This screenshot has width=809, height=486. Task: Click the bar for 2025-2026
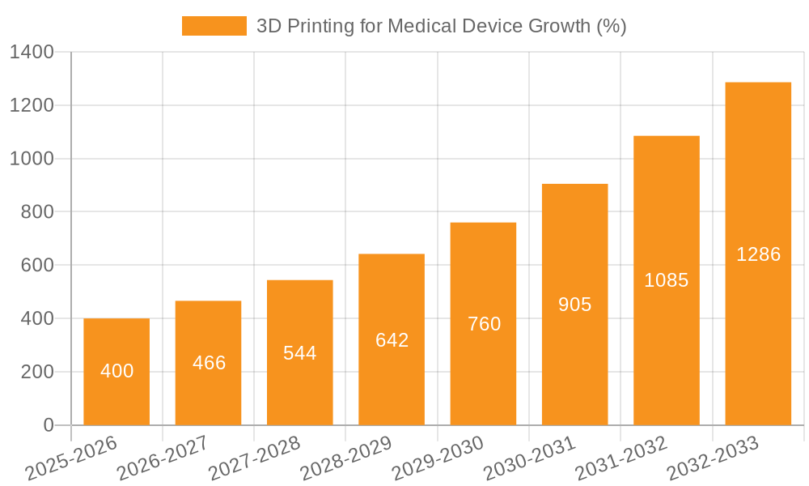pyautogui.click(x=116, y=372)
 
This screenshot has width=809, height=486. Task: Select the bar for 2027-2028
pyautogui.click(x=299, y=352)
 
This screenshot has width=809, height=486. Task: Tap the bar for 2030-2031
pyautogui.click(x=574, y=305)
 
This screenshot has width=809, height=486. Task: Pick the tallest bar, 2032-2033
pyautogui.click(x=758, y=254)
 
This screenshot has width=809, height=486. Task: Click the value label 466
pyautogui.click(x=209, y=362)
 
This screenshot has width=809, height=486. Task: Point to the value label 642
pyautogui.click(x=392, y=340)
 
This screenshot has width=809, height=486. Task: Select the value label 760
pyautogui.click(x=484, y=324)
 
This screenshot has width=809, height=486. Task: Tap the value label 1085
pyautogui.click(x=667, y=280)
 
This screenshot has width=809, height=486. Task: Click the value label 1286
pyautogui.click(x=758, y=254)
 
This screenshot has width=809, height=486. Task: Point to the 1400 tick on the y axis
pyautogui.click(x=32, y=53)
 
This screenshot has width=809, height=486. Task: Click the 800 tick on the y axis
pyautogui.click(x=37, y=212)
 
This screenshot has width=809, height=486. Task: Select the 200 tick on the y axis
pyautogui.click(x=37, y=372)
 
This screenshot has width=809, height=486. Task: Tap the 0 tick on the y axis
pyautogui.click(x=48, y=425)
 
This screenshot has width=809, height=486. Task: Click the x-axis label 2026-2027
pyautogui.click(x=163, y=458)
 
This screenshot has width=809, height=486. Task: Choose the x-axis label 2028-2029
pyautogui.click(x=345, y=458)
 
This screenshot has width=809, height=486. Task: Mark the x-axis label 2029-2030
pyautogui.click(x=437, y=458)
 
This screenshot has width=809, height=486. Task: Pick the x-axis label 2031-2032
pyautogui.click(x=621, y=458)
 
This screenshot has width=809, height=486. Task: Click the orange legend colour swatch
pyautogui.click(x=214, y=26)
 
